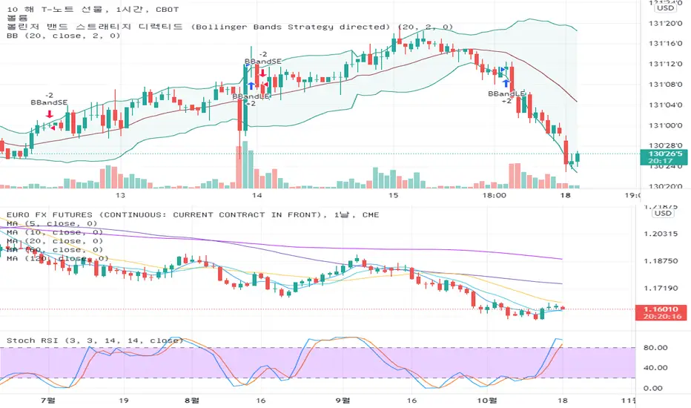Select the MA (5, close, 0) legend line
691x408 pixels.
[51, 223]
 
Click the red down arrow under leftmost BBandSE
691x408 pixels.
[49, 114]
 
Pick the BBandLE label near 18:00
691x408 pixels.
[506, 93]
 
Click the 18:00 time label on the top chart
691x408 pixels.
[494, 195]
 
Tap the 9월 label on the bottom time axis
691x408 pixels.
[342, 399]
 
